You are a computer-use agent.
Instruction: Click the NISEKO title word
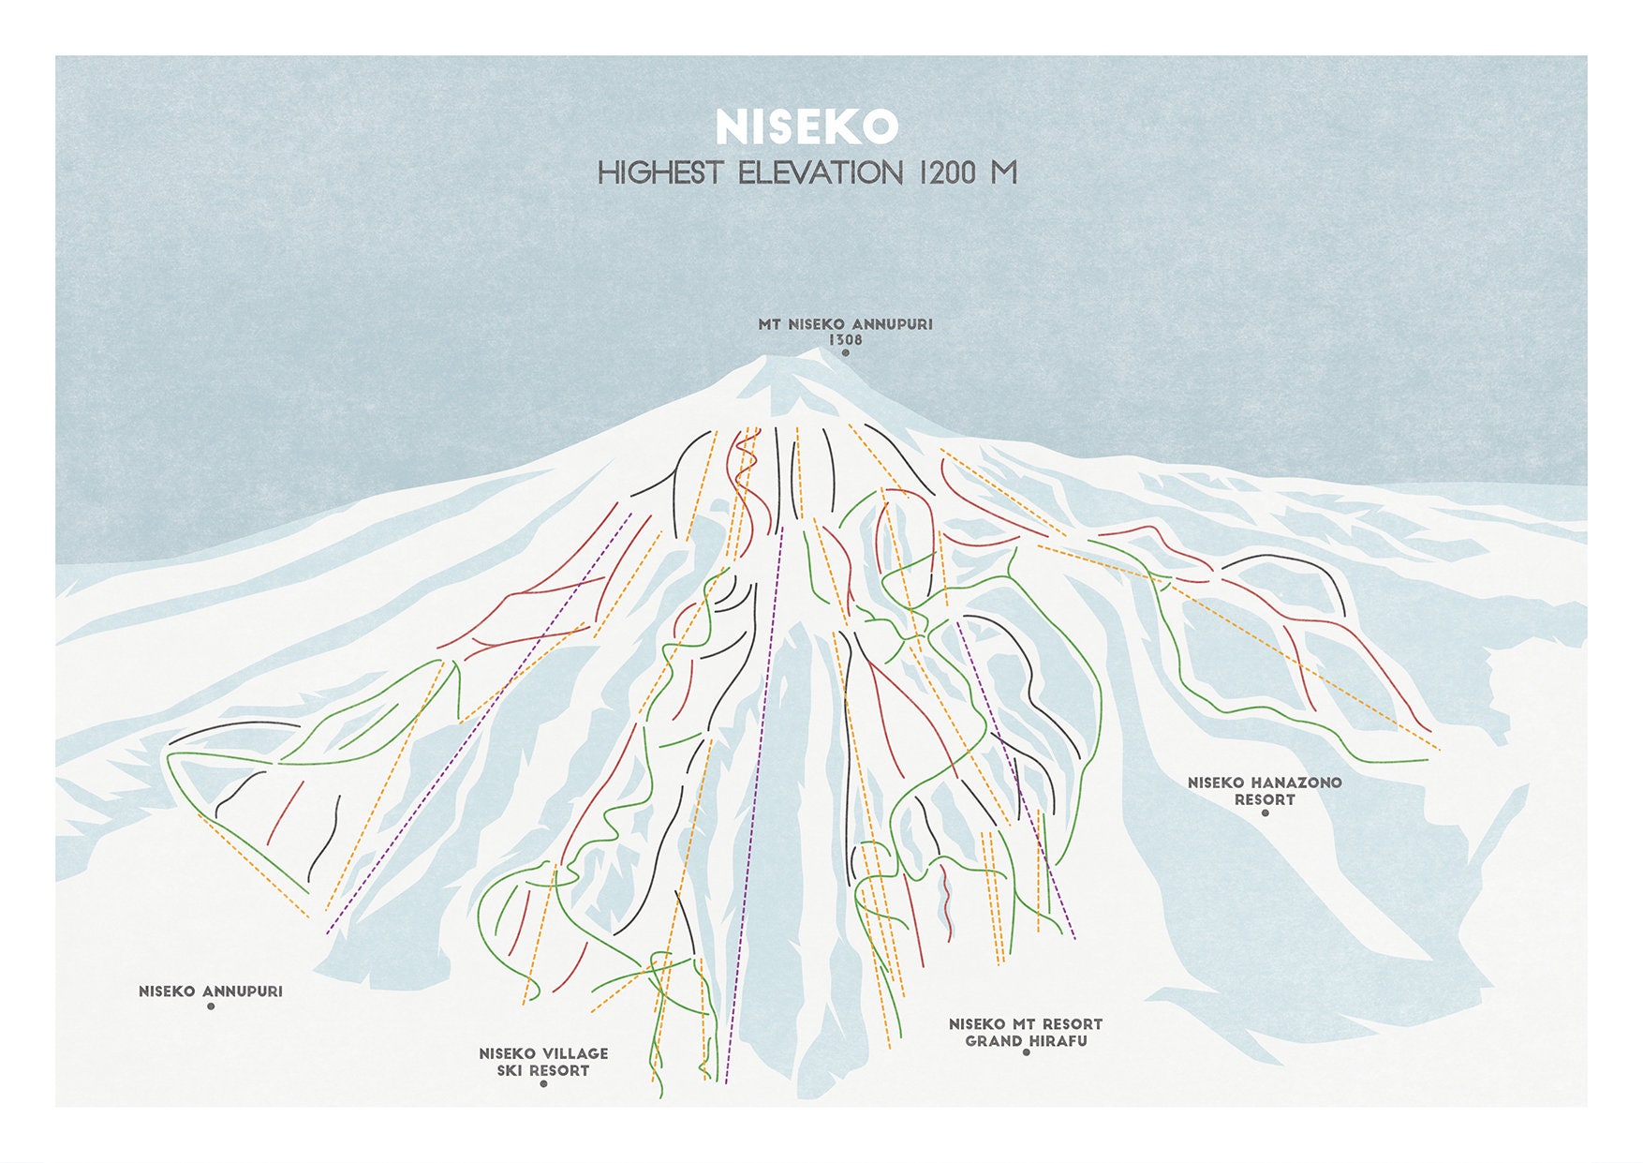(x=807, y=127)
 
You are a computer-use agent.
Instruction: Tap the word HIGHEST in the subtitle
(x=660, y=173)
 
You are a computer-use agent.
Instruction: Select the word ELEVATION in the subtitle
(x=821, y=173)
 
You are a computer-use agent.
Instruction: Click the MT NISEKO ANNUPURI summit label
(x=845, y=324)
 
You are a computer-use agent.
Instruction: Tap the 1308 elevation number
(x=845, y=339)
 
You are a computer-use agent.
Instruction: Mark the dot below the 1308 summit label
(x=845, y=353)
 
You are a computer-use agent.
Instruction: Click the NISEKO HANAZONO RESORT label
(x=1265, y=791)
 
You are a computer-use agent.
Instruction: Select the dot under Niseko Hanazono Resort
(x=1265, y=813)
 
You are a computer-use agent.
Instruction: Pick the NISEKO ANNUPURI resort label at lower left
(x=211, y=991)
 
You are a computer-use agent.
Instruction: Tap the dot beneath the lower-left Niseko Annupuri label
(x=211, y=1006)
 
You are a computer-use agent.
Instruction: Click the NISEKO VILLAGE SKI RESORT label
(x=543, y=1062)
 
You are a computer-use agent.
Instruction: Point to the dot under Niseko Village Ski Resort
(x=543, y=1084)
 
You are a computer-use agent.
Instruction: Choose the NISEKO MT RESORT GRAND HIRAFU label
(x=1026, y=1033)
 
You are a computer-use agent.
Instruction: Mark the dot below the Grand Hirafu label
(x=1026, y=1052)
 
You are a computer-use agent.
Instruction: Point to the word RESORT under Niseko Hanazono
(x=1265, y=799)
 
